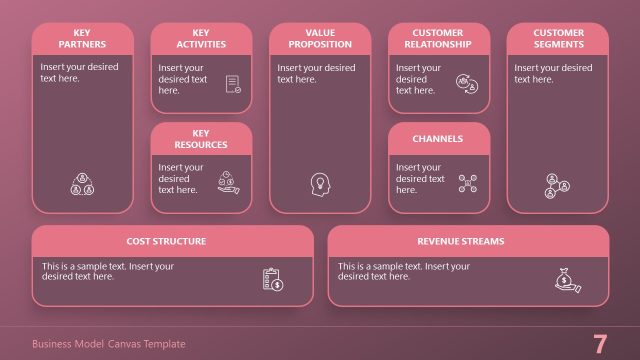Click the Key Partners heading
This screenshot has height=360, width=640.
(x=82, y=39)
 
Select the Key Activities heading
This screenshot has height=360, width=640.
(x=201, y=39)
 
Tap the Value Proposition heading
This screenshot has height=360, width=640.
(x=320, y=39)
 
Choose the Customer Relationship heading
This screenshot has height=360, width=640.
(x=438, y=39)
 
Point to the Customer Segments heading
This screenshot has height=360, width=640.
(x=558, y=39)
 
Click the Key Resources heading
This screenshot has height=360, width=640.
(x=201, y=139)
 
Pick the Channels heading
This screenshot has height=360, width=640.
(x=438, y=139)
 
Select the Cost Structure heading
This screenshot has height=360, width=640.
(x=166, y=241)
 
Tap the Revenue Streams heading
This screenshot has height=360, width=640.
(x=461, y=241)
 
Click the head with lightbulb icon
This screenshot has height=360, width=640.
(x=320, y=184)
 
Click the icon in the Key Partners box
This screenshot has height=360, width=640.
(x=81, y=184)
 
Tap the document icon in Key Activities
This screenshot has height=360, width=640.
(x=233, y=84)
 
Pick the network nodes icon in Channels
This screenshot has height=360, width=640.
(x=467, y=182)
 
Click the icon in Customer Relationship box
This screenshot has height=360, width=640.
(x=466, y=83)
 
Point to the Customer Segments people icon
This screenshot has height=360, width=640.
(x=557, y=184)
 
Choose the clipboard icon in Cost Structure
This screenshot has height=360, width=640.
(x=273, y=280)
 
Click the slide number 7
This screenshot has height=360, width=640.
(x=600, y=344)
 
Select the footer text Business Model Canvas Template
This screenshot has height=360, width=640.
(x=109, y=344)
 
